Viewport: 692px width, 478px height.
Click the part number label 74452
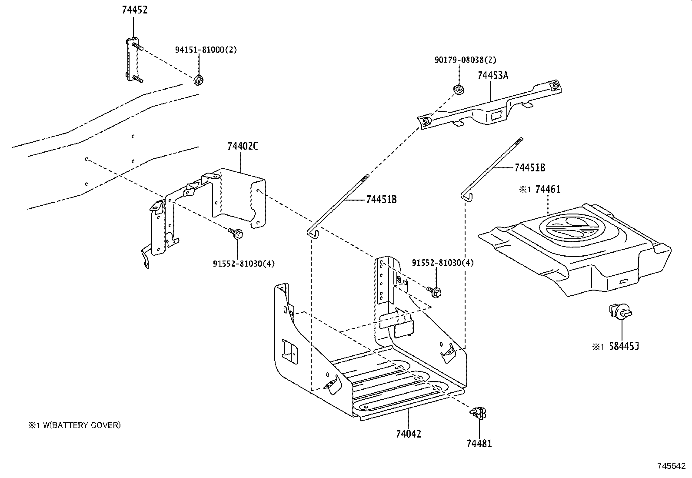pyautogui.click(x=134, y=10)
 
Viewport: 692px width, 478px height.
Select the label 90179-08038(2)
pyautogui.click(x=465, y=60)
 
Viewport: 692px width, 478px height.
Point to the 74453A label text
pyautogui.click(x=492, y=75)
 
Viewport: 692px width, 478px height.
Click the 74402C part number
pyautogui.click(x=242, y=147)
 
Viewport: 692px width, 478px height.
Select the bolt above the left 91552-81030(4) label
pyautogui.click(x=237, y=234)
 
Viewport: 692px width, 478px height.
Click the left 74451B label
pyautogui.click(x=381, y=200)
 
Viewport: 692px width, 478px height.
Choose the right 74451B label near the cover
pyautogui.click(x=529, y=167)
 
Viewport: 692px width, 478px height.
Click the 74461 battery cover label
pyautogui.click(x=548, y=189)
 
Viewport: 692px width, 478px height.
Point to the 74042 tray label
pyautogui.click(x=409, y=434)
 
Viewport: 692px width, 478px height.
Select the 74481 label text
pyautogui.click(x=479, y=444)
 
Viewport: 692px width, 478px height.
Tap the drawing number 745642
pyautogui.click(x=670, y=466)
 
